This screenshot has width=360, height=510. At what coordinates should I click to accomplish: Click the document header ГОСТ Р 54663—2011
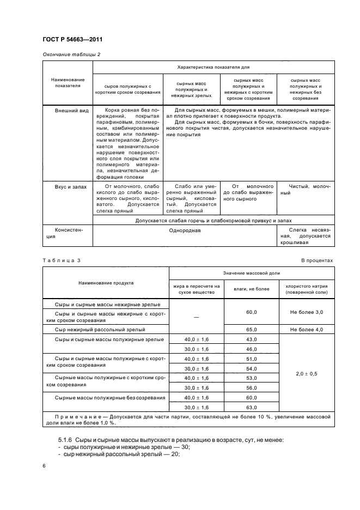coord(72,40)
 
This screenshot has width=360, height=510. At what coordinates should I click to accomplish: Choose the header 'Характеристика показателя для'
coord(213,68)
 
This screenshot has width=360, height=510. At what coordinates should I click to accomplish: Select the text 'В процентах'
coord(317,260)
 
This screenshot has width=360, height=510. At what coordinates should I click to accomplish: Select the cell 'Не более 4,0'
coord(307,330)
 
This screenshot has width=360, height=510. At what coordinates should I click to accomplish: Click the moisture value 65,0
coord(252,330)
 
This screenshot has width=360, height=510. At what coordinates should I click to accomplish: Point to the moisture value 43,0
coord(252,339)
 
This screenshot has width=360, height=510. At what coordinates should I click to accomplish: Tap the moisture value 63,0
coord(252,407)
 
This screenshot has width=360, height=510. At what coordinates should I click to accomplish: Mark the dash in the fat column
coord(196,317)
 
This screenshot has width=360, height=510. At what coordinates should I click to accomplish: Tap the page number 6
coord(44,466)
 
